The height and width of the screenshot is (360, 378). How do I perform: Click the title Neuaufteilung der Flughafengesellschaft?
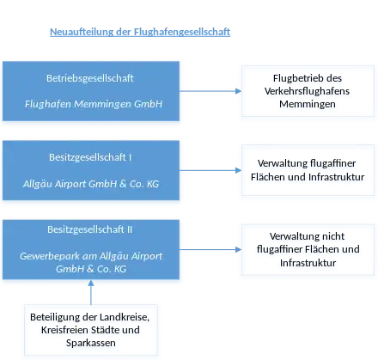click(x=140, y=32)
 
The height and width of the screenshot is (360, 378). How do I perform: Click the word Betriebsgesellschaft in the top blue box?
click(x=90, y=78)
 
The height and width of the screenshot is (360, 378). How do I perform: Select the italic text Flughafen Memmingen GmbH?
click(x=94, y=104)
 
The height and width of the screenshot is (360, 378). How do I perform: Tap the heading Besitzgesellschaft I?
click(x=90, y=157)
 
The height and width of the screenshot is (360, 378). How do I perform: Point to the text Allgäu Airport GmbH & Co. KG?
click(x=91, y=184)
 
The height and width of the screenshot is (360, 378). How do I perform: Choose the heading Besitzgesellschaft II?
click(x=90, y=229)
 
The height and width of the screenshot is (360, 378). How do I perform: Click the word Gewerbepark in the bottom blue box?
click(x=50, y=256)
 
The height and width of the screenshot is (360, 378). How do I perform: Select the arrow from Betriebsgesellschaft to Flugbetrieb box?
click(x=210, y=91)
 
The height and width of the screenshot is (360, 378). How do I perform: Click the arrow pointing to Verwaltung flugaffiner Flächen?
click(x=210, y=170)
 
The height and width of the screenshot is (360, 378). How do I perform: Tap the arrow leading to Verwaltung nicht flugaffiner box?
click(x=210, y=249)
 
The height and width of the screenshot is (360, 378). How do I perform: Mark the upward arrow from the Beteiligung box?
click(x=91, y=292)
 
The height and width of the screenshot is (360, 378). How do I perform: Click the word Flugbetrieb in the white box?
click(x=293, y=78)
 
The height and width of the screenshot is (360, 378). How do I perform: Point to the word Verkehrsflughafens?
click(x=307, y=91)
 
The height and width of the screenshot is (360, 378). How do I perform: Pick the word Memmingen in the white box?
click(x=308, y=104)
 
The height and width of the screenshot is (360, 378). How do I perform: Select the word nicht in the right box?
click(x=332, y=236)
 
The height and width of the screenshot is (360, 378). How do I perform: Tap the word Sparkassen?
click(x=91, y=343)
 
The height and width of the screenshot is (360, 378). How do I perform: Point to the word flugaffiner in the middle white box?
click(x=333, y=163)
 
